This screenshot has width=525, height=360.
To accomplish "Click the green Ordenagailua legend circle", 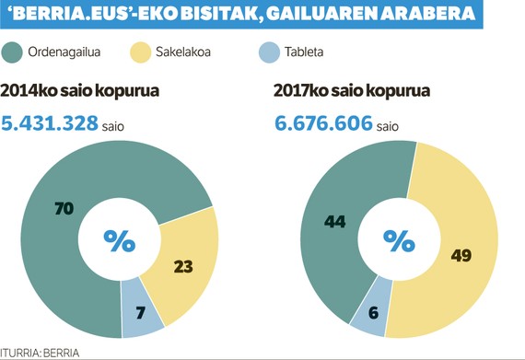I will tap(15, 52).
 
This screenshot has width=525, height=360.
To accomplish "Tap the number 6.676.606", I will tap(322, 122).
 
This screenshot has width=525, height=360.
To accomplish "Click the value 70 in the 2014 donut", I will tap(64, 209).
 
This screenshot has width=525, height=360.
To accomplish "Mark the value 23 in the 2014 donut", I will tap(183, 266).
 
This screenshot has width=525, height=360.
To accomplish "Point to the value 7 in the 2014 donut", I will tap(139, 311).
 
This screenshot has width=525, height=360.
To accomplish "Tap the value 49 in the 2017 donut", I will tap(461, 254).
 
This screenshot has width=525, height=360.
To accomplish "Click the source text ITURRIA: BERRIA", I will tap(41, 352).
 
